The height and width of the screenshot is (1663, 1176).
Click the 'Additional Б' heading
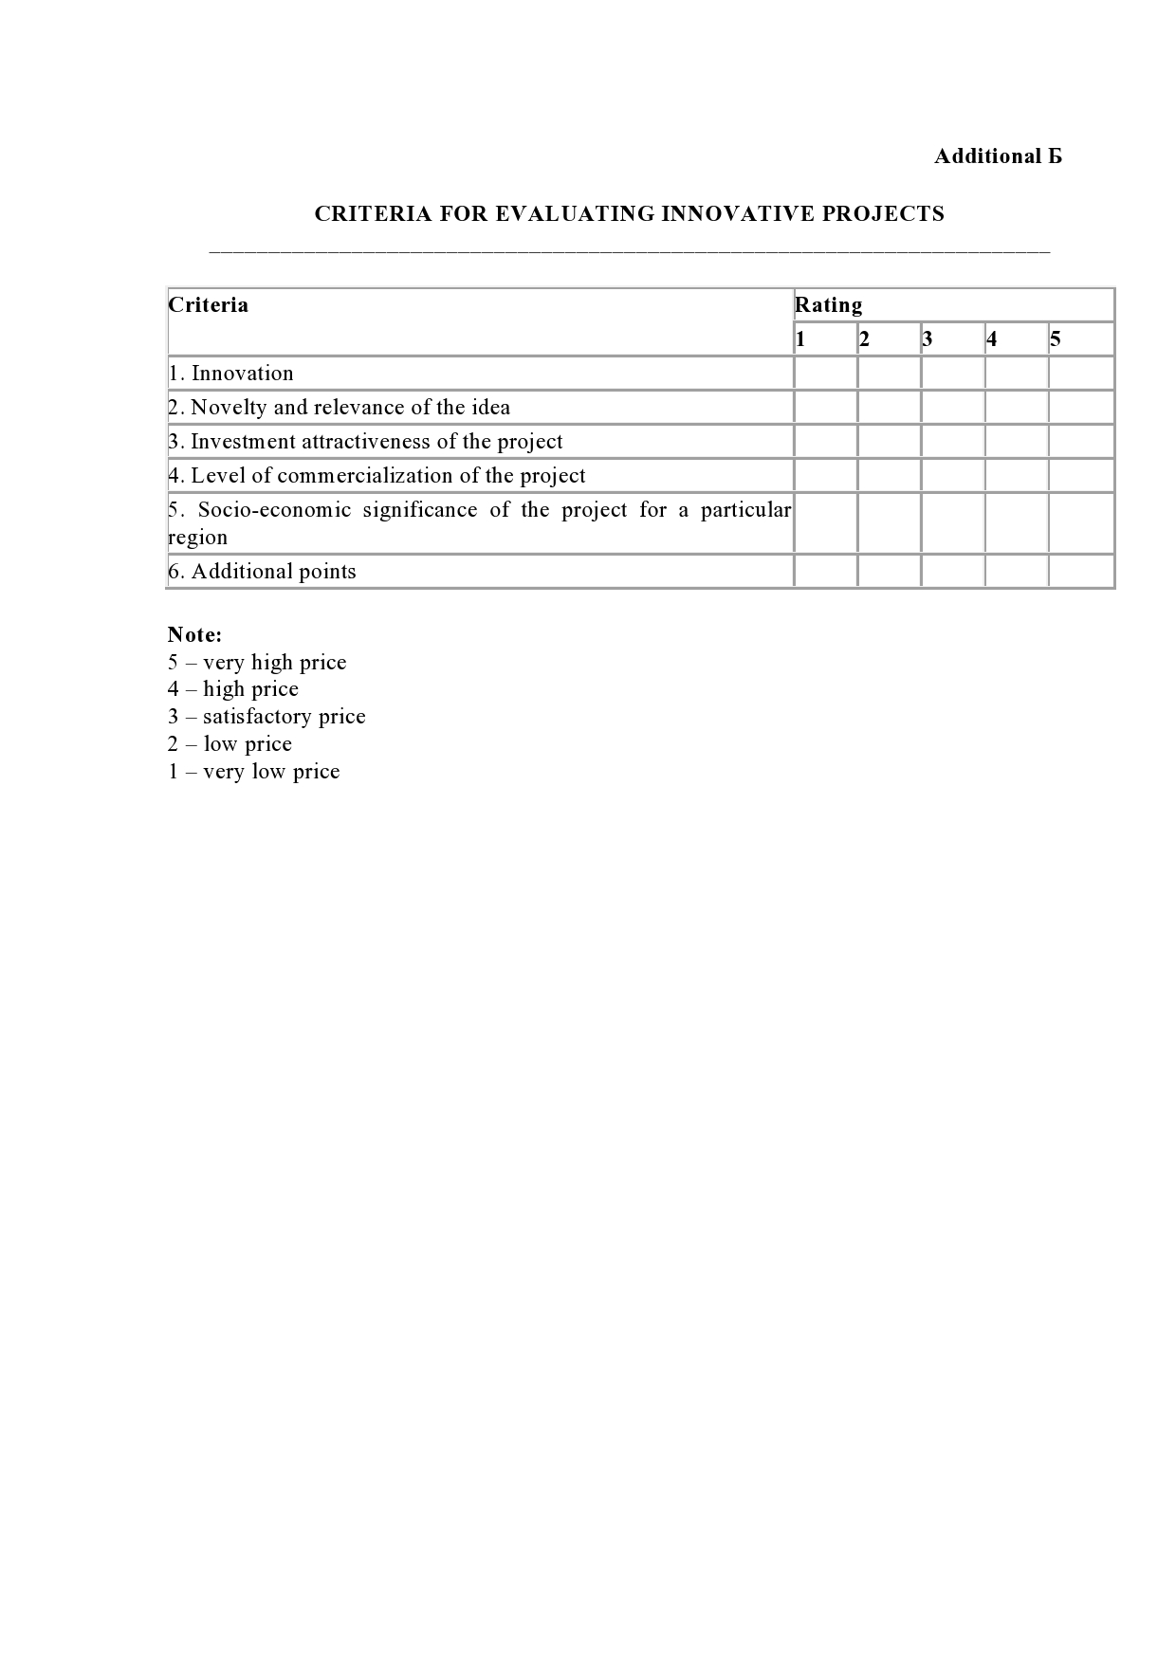pos(998,156)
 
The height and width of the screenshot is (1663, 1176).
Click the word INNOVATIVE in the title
pos(737,213)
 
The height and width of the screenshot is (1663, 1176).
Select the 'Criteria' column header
pos(209,305)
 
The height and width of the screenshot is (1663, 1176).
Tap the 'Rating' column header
pos(828,305)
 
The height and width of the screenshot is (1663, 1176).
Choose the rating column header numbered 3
pos(928,339)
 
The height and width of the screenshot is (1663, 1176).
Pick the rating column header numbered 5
pos(1056,339)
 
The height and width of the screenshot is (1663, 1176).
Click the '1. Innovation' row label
pos(231,374)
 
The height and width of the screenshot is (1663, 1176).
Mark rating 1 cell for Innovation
pos(825,374)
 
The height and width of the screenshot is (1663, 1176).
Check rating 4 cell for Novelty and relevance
pos(1017,408)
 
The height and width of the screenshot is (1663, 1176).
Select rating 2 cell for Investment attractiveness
pos(889,442)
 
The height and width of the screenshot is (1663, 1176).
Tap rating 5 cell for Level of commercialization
pos(1081,476)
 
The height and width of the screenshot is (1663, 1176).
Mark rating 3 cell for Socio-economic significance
pos(952,523)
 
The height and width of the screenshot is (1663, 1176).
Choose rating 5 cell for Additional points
pos(1081,572)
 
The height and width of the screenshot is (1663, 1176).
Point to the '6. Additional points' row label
pos(263,572)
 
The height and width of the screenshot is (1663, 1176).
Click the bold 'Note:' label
pos(194,635)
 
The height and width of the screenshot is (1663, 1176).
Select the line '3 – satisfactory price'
pos(266,717)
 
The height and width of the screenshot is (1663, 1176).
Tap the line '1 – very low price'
pos(253,772)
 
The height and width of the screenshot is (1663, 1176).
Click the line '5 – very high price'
pos(257,663)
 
